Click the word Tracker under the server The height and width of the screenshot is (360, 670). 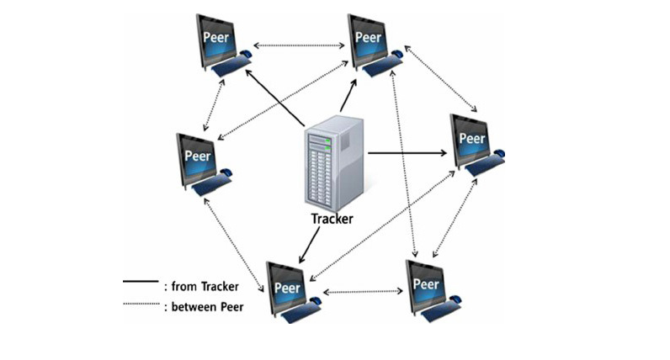point(332,219)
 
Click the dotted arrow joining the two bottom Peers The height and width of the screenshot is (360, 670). point(364,292)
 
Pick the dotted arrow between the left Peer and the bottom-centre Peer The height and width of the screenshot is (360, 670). point(236,240)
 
